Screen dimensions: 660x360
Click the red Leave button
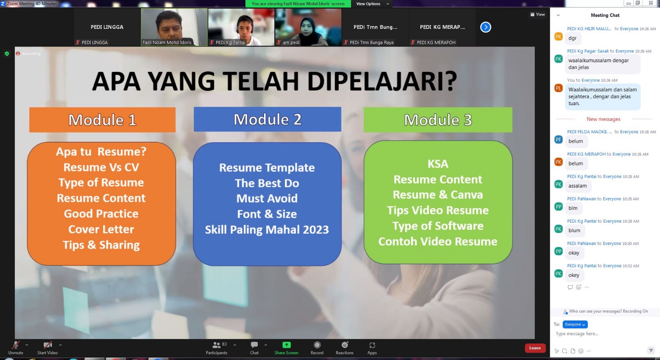pos(535,348)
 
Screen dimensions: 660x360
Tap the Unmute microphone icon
pos(16,345)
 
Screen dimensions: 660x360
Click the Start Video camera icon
pos(47,345)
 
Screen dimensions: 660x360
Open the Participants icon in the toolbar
pos(217,345)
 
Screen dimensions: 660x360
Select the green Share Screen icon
pos(286,345)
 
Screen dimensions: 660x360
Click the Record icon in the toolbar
pos(317,345)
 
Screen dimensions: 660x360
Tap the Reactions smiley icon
pos(345,345)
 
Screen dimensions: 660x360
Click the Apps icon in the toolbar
pos(372,345)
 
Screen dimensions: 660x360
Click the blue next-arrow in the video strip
pos(486,27)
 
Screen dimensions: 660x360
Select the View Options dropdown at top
pos(372,4)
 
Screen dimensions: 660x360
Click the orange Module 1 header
pos(102,120)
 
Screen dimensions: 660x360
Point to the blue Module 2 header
pos(268,119)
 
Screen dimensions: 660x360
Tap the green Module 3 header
pos(438,120)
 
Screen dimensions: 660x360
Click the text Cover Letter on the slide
pos(101,229)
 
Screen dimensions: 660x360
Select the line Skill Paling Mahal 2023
pos(267,230)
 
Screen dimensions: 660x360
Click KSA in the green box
pos(438,164)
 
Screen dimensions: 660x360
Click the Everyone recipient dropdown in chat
pos(575,325)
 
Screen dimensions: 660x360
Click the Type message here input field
pos(601,334)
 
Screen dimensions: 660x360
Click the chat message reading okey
pos(574,275)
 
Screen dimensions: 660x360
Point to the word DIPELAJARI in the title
pos(382,81)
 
